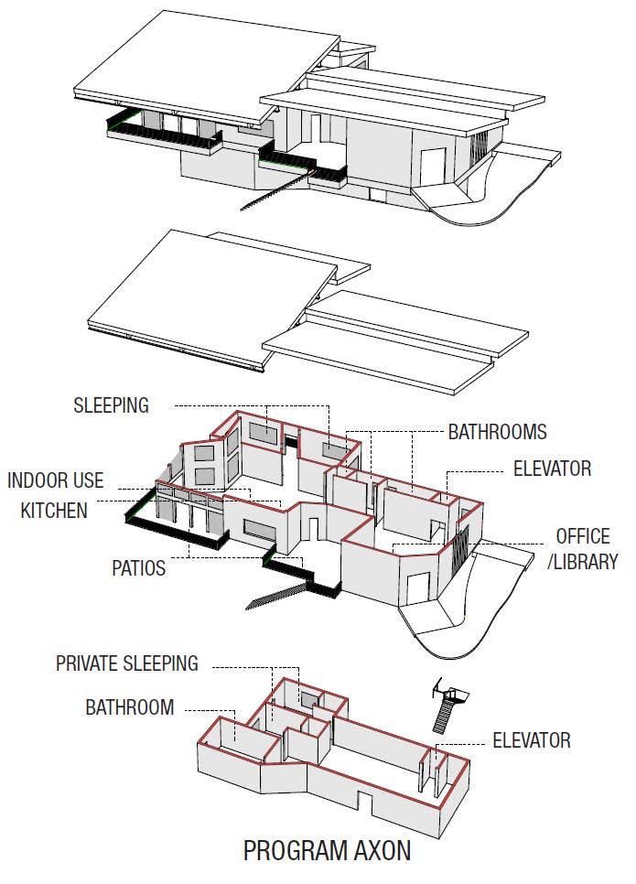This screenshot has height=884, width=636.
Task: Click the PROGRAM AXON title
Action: (327, 850)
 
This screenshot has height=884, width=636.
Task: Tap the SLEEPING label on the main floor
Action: (111, 405)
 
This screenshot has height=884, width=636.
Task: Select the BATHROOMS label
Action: (497, 432)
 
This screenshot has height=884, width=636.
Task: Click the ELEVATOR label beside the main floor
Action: (552, 469)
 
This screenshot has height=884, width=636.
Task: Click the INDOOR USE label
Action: (56, 480)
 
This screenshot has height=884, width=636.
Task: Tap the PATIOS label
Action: (139, 568)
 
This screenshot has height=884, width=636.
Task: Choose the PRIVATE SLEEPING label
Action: (126, 663)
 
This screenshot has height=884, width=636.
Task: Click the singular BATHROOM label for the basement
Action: (130, 707)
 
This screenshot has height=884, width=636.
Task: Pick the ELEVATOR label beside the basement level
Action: (532, 739)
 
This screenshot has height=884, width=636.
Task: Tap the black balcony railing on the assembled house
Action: (165, 142)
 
